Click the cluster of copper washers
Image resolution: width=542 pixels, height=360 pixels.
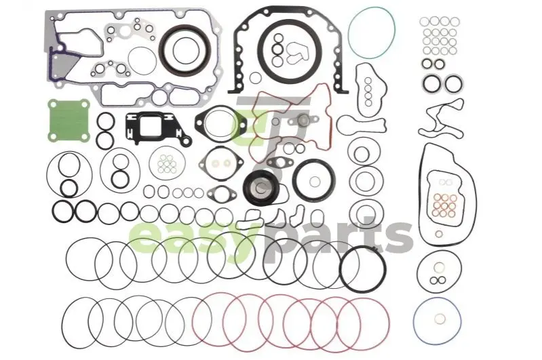pos(444,205)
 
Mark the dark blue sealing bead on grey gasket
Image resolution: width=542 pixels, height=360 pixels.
pos(52,69)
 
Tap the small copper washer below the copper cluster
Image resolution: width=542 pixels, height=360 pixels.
pos(439,234)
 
